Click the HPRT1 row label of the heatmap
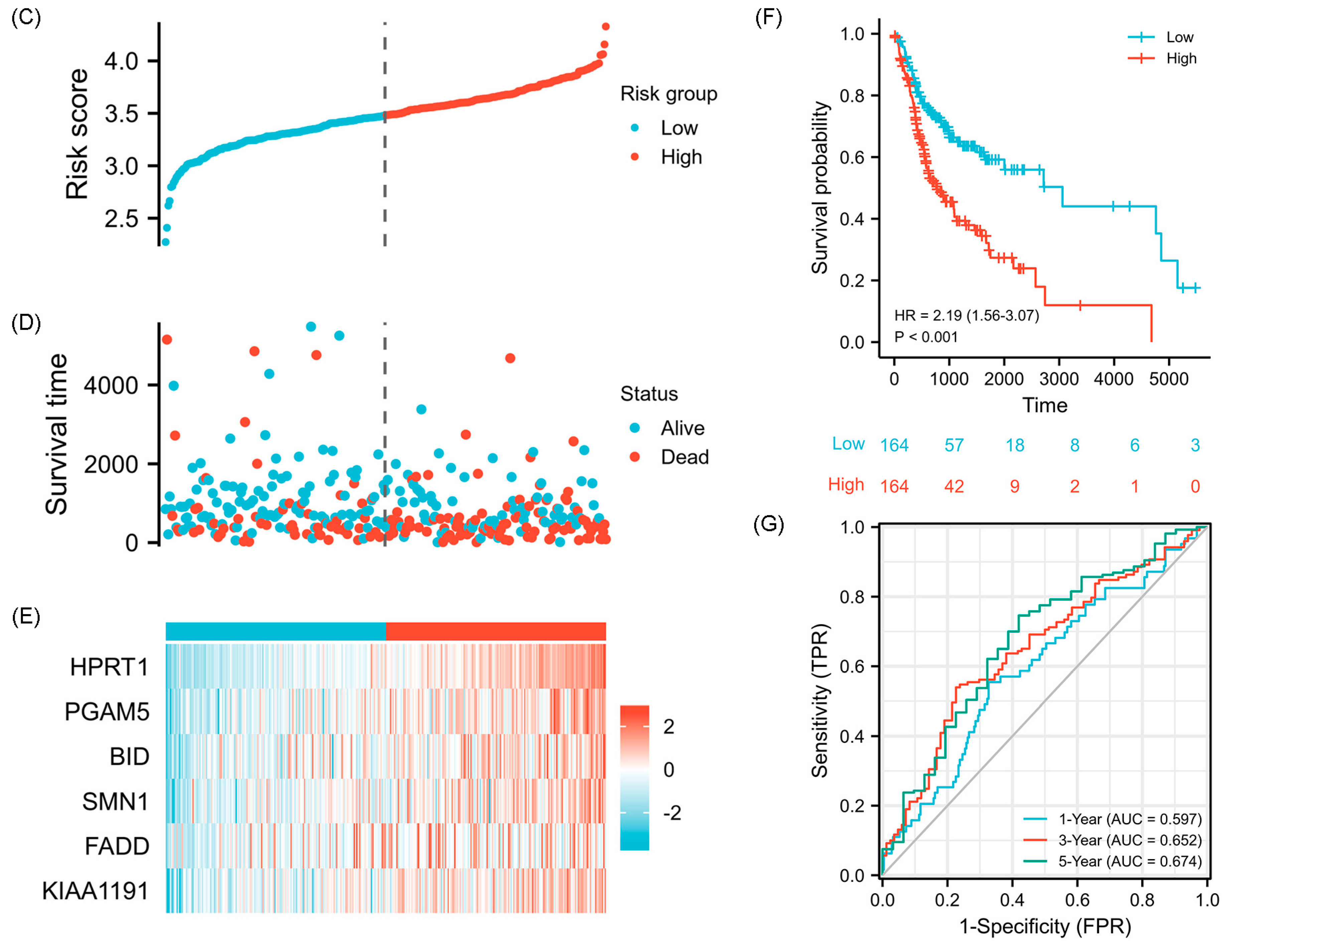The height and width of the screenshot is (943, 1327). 109,667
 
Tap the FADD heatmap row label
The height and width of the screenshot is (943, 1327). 117,846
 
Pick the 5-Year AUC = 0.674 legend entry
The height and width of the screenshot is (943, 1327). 1129,861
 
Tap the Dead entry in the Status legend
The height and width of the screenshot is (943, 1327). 685,457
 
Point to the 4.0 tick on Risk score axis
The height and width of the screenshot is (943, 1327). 121,61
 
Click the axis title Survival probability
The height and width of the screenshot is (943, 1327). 819,187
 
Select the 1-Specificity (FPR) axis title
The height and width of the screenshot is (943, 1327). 1045,926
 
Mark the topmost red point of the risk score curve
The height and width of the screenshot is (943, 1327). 605,26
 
